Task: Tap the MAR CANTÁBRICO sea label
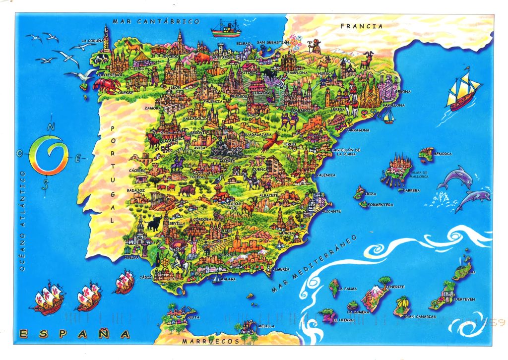click(x=156, y=21)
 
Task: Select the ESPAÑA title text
click(x=71, y=334)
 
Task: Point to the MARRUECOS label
click(x=210, y=342)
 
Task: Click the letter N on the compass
click(x=51, y=127)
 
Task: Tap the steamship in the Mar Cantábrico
click(x=226, y=29)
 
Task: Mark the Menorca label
click(x=443, y=154)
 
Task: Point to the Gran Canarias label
click(x=420, y=316)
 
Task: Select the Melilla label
click(x=266, y=326)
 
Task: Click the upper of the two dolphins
click(x=455, y=177)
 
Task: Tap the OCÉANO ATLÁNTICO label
click(x=22, y=221)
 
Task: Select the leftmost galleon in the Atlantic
click(x=49, y=300)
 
